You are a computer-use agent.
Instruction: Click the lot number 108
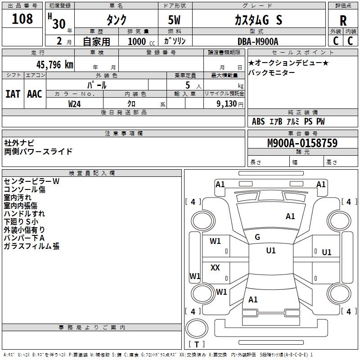point(22,18)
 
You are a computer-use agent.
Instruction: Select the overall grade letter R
point(343,21)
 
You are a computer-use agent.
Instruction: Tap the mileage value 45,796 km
point(54,65)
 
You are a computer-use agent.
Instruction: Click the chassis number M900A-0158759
point(302,143)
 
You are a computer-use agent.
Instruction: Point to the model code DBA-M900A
point(258,41)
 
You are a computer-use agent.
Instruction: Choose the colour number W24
point(74,104)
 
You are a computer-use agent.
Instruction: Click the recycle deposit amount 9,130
point(226,104)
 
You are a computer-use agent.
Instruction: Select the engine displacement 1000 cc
point(141,41)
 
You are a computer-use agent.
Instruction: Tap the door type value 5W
point(174,20)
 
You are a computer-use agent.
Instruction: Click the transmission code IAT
point(13,94)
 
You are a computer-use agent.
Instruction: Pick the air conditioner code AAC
point(35,94)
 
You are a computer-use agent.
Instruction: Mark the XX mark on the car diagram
point(215,267)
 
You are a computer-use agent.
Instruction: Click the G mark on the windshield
point(257,237)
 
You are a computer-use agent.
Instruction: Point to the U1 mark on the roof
point(271,251)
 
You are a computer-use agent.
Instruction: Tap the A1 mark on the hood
point(290,216)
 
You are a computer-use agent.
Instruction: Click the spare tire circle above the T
point(197,328)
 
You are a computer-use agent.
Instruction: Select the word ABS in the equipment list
point(258,121)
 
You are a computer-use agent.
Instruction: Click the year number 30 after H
point(59,24)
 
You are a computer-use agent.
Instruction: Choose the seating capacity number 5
point(188,85)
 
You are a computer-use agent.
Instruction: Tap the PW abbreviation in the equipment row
point(320,121)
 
